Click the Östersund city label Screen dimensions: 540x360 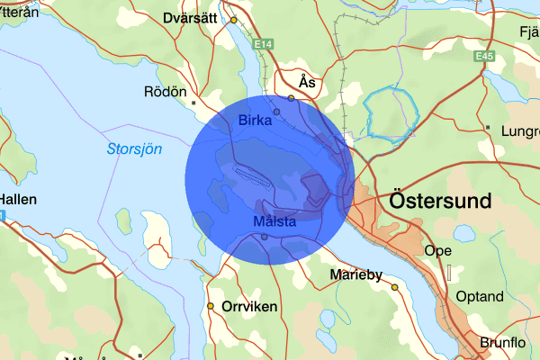coord(441,200)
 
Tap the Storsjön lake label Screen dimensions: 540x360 coord(134,149)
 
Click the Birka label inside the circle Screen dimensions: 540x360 coord(256,121)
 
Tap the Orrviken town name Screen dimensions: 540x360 coord(249,306)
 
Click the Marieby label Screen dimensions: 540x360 coord(356,274)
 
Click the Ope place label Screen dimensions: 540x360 coord(437,250)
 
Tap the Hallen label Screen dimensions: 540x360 coord(18,199)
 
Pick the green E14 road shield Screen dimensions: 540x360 coord(264,43)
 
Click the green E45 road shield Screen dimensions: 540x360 coord(486,56)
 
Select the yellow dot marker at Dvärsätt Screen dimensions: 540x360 coord(233,20)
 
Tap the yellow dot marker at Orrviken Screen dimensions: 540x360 coord(211,306)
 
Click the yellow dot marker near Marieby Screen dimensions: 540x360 coord(394,287)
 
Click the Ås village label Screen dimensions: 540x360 coord(307,81)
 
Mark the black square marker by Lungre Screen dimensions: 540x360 coord(487,129)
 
